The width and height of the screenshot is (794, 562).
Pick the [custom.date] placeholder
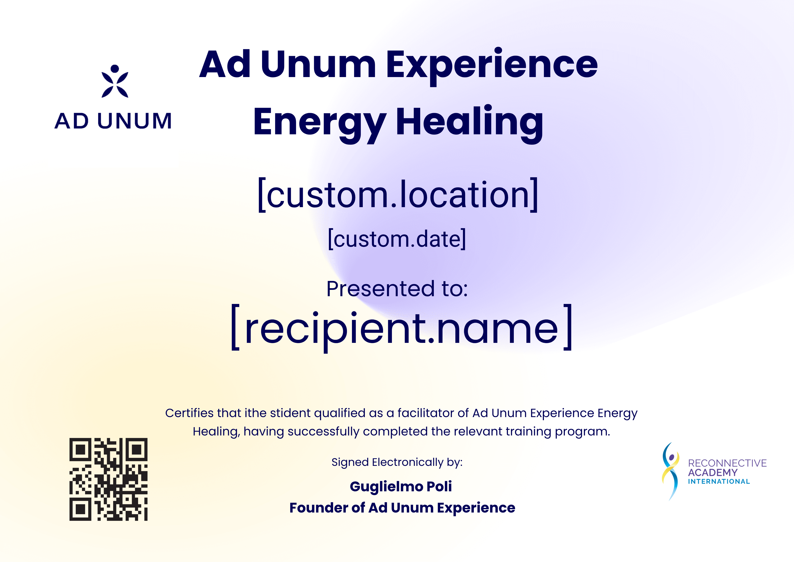click(x=397, y=239)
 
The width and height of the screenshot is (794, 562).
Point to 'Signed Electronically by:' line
click(x=397, y=462)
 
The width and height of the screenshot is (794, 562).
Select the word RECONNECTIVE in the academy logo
click(x=727, y=463)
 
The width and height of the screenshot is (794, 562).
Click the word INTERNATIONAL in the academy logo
click(x=719, y=482)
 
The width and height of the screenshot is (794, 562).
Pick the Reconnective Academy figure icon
click(x=670, y=471)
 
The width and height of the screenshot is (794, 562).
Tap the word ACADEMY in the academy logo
click(x=712, y=472)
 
